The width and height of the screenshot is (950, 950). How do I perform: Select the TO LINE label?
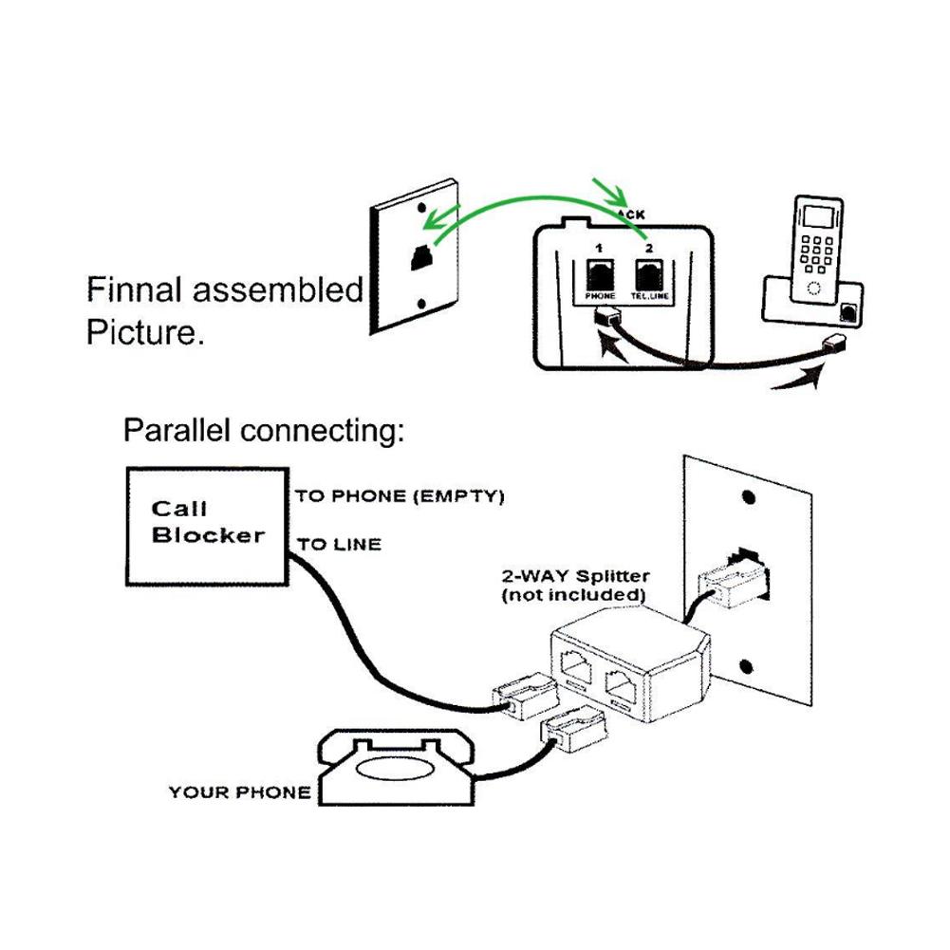(339, 545)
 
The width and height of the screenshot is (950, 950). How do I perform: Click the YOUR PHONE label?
(239, 792)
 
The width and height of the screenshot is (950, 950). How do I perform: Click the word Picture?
(144, 333)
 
